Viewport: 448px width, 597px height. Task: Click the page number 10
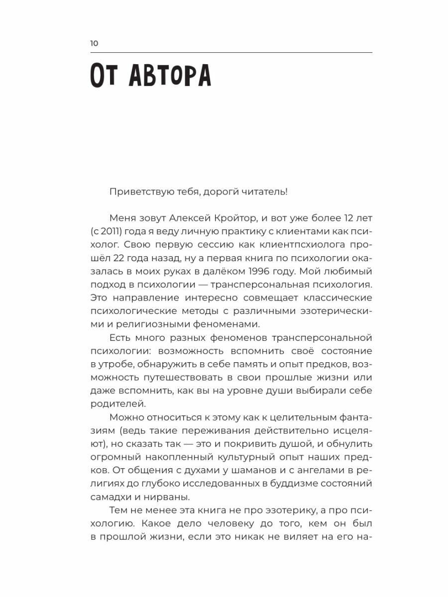(x=94, y=43)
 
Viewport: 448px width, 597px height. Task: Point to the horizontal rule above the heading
(x=231, y=52)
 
